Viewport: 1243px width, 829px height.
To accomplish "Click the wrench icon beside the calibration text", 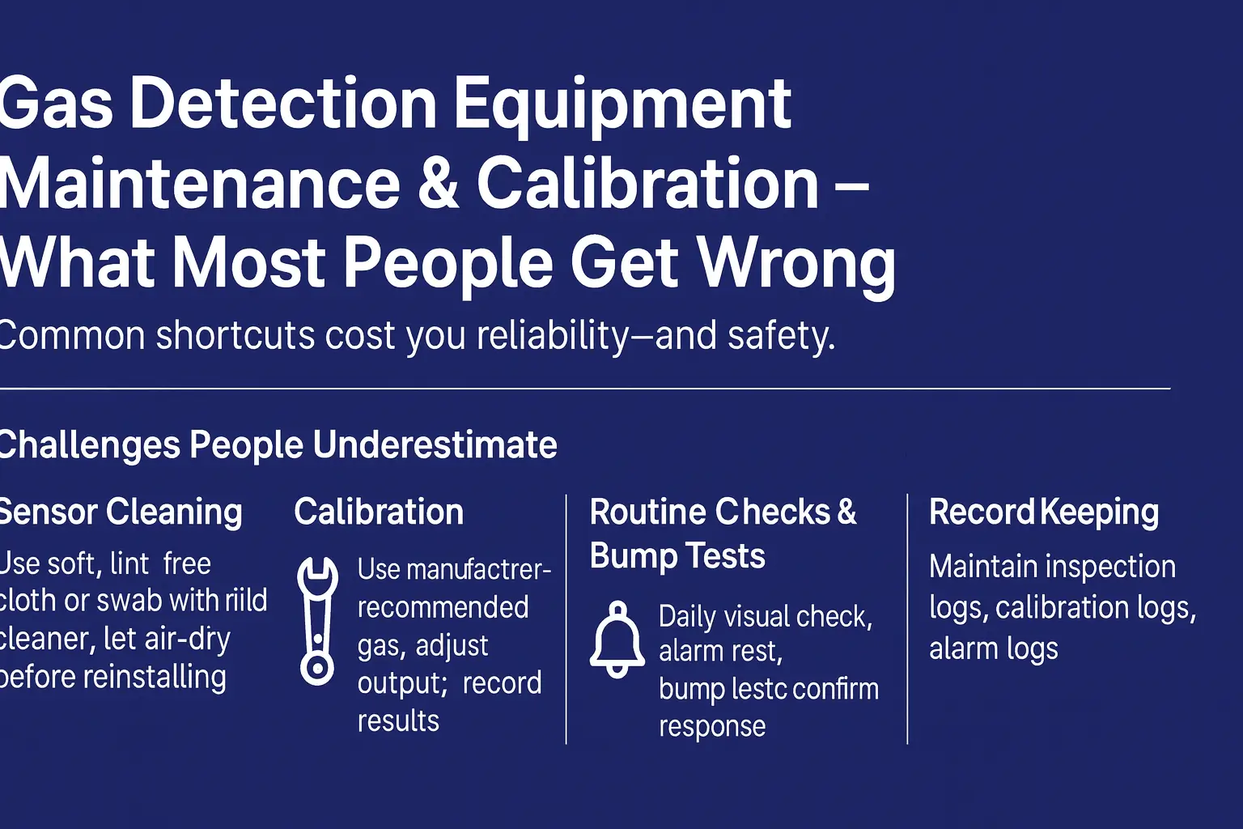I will pyautogui.click(x=316, y=621).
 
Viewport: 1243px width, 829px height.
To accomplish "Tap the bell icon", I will pyautogui.click(x=617, y=640).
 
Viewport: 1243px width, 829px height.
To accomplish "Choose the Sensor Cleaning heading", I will pyautogui.click(x=120, y=512).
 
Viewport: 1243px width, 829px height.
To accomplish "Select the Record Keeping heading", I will pyautogui.click(x=1043, y=512).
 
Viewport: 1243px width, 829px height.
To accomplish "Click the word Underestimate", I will pyautogui.click(x=435, y=445).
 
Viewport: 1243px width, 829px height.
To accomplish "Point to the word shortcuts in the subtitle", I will pyautogui.click(x=235, y=335).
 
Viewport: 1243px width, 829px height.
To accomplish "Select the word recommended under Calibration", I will pyautogui.click(x=443, y=607).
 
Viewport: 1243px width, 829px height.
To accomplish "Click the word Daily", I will pyautogui.click(x=687, y=617).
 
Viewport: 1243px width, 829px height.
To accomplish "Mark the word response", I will pyautogui.click(x=711, y=726).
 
